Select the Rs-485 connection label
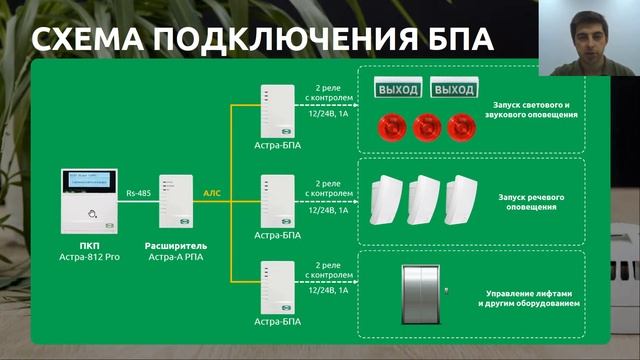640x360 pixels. click(x=140, y=188)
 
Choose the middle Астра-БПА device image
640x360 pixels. click(x=277, y=200)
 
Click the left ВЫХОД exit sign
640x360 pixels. click(x=397, y=90)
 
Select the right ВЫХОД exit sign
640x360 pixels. click(x=453, y=90)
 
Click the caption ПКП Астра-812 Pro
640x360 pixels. click(x=87, y=251)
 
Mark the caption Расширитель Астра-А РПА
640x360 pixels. click(x=176, y=251)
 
